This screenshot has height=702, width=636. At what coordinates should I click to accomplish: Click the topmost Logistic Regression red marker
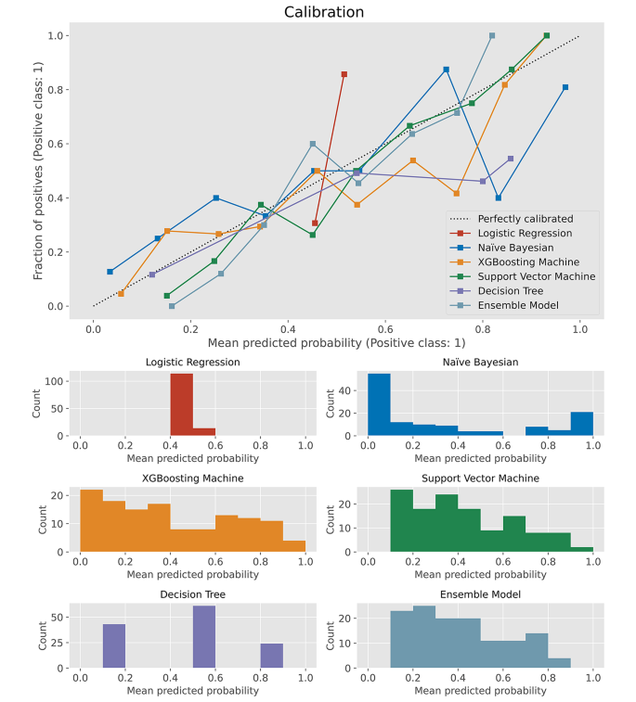pyautogui.click(x=344, y=74)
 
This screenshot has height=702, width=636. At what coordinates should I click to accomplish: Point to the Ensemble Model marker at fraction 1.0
pyautogui.click(x=492, y=35)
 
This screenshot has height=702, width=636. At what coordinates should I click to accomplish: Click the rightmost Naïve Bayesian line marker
pyautogui.click(x=565, y=87)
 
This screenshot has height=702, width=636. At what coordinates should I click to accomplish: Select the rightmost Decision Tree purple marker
pyautogui.click(x=511, y=159)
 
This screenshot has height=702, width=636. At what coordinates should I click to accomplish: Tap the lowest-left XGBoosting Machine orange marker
pyautogui.click(x=121, y=293)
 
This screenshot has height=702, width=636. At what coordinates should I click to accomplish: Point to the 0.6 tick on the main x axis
pyautogui.click(x=385, y=328)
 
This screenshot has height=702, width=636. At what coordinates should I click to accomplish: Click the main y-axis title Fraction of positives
pyautogui.click(x=39, y=174)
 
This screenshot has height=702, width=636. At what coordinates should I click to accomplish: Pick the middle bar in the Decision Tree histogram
pyautogui.click(x=203, y=636)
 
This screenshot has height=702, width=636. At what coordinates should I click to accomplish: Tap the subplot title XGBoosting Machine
pyautogui.click(x=193, y=478)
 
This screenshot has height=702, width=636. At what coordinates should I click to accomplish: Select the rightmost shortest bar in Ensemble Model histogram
pyautogui.click(x=559, y=662)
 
